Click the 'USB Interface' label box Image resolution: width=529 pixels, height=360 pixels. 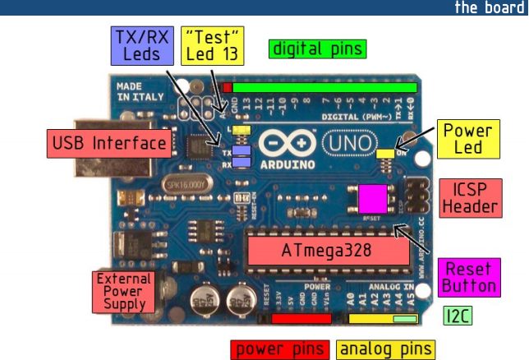coord(109,144)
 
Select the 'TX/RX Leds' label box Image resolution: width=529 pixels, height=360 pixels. coord(140,45)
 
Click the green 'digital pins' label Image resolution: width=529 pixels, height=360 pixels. coord(317,48)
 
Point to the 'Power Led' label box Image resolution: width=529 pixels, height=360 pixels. coord(467,139)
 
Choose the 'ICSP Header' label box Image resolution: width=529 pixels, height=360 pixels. coord(471,196)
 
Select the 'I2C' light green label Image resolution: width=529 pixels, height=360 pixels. coord(458,315)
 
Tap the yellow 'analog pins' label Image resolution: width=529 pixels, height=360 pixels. coord(384,349)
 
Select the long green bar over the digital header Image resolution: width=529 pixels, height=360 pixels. coord(324,87)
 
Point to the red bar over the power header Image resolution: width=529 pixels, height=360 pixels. coord(301,318)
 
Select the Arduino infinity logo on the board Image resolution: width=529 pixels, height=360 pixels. coord(286,145)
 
